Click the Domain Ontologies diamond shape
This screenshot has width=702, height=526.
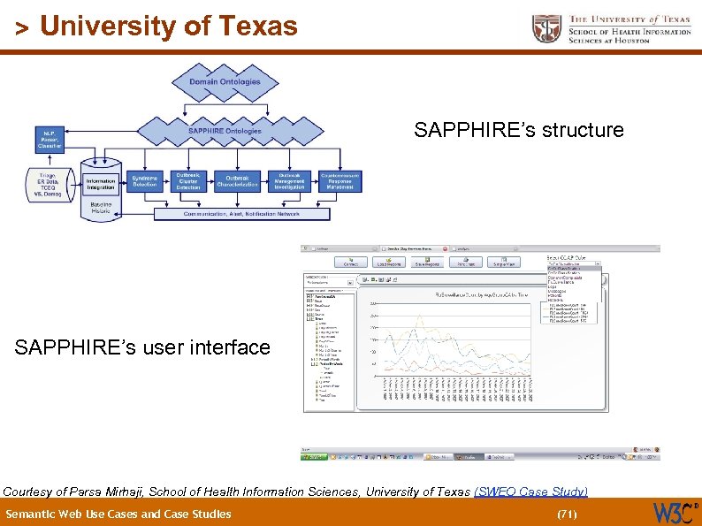point(225,82)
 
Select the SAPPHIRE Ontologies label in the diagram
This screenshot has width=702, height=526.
point(225,131)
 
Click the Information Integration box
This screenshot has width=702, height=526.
point(101,184)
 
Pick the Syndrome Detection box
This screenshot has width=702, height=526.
point(145,181)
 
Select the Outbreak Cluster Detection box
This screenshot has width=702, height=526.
point(188,181)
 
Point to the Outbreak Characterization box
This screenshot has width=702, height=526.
point(237,181)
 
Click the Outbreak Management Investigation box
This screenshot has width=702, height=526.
point(289,181)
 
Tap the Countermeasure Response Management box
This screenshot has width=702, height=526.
point(340,181)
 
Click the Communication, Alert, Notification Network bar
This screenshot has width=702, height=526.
point(240,214)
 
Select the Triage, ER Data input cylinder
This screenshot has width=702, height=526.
point(46,186)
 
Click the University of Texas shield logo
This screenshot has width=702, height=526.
point(546,28)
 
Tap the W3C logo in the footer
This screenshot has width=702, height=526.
point(672,513)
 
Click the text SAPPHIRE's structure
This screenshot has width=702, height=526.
point(519,131)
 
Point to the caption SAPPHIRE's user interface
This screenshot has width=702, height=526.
point(142,347)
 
